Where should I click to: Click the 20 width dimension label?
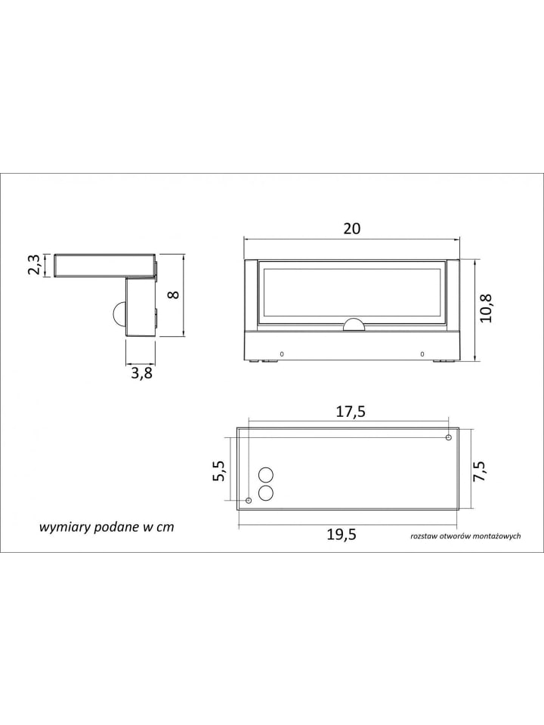351,228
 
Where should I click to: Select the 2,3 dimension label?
35,265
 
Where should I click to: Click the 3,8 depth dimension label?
141,373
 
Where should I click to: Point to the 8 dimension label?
175,294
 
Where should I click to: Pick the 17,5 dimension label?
350,411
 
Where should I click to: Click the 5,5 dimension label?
219,470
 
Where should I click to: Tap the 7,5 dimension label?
480,471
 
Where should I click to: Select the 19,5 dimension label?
342,535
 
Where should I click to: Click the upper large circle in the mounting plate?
266,475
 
